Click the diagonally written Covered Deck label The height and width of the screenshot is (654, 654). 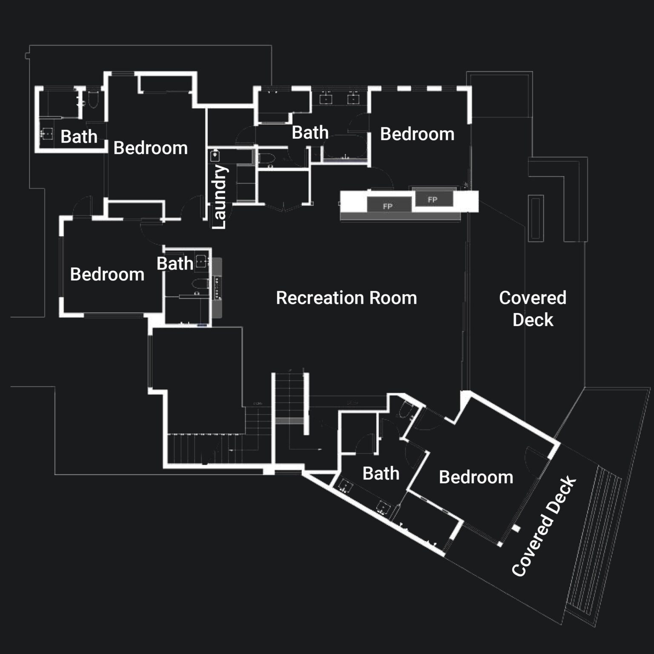[x=544, y=527]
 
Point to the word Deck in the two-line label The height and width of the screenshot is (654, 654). [x=533, y=320]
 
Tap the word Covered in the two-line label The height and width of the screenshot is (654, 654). [x=533, y=298]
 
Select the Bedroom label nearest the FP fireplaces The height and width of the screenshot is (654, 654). [x=417, y=134]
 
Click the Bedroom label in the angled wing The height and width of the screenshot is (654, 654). [x=476, y=477]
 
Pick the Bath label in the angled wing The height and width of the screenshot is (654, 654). [x=381, y=473]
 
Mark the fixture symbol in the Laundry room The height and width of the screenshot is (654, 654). [x=215, y=155]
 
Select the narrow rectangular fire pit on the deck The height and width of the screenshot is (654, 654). [x=536, y=218]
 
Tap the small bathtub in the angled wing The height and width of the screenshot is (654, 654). [x=404, y=411]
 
